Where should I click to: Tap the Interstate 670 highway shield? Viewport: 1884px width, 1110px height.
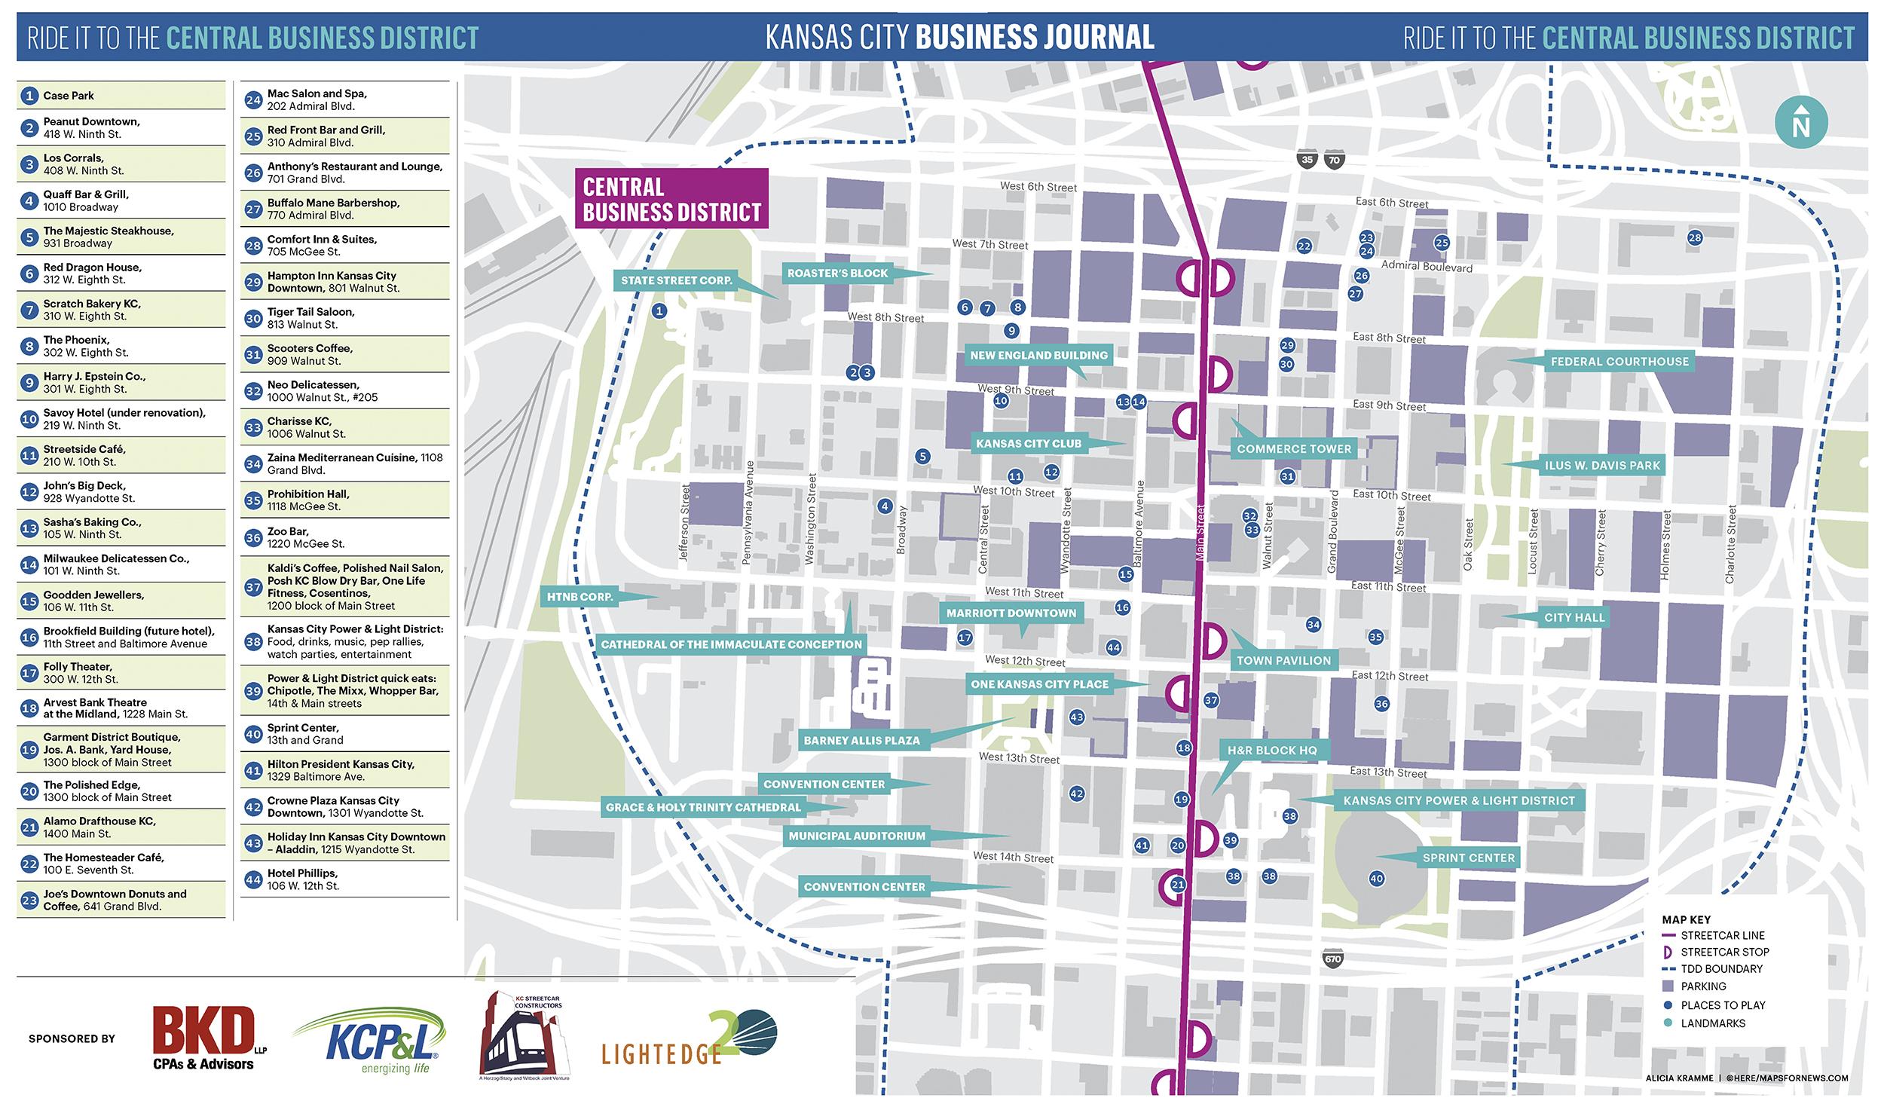pyautogui.click(x=1332, y=959)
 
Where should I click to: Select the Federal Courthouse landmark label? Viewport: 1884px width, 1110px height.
pyautogui.click(x=1619, y=362)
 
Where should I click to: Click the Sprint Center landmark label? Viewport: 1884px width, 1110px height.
pyautogui.click(x=1468, y=858)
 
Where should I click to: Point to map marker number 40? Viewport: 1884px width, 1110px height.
pyautogui.click(x=1376, y=879)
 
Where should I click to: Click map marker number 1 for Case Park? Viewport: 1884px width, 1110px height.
pyautogui.click(x=659, y=310)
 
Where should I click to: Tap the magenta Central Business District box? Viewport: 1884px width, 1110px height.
pyautogui.click(x=671, y=199)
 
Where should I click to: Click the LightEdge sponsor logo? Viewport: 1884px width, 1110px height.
pyautogui.click(x=688, y=1038)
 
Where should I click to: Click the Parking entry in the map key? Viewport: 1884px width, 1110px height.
pyautogui.click(x=1703, y=986)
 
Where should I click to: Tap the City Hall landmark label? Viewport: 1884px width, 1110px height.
pyautogui.click(x=1574, y=617)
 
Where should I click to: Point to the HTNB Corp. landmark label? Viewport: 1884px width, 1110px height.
pyautogui.click(x=580, y=597)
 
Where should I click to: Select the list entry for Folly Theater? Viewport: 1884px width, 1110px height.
pyautogui.click(x=121, y=673)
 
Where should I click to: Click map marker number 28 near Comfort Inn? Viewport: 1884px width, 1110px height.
pyautogui.click(x=1694, y=238)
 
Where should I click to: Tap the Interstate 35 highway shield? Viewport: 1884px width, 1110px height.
pyautogui.click(x=1307, y=160)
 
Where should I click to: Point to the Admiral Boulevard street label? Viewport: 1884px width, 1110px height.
pyautogui.click(x=1426, y=266)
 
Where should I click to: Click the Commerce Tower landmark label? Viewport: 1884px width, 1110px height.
pyautogui.click(x=1293, y=448)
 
